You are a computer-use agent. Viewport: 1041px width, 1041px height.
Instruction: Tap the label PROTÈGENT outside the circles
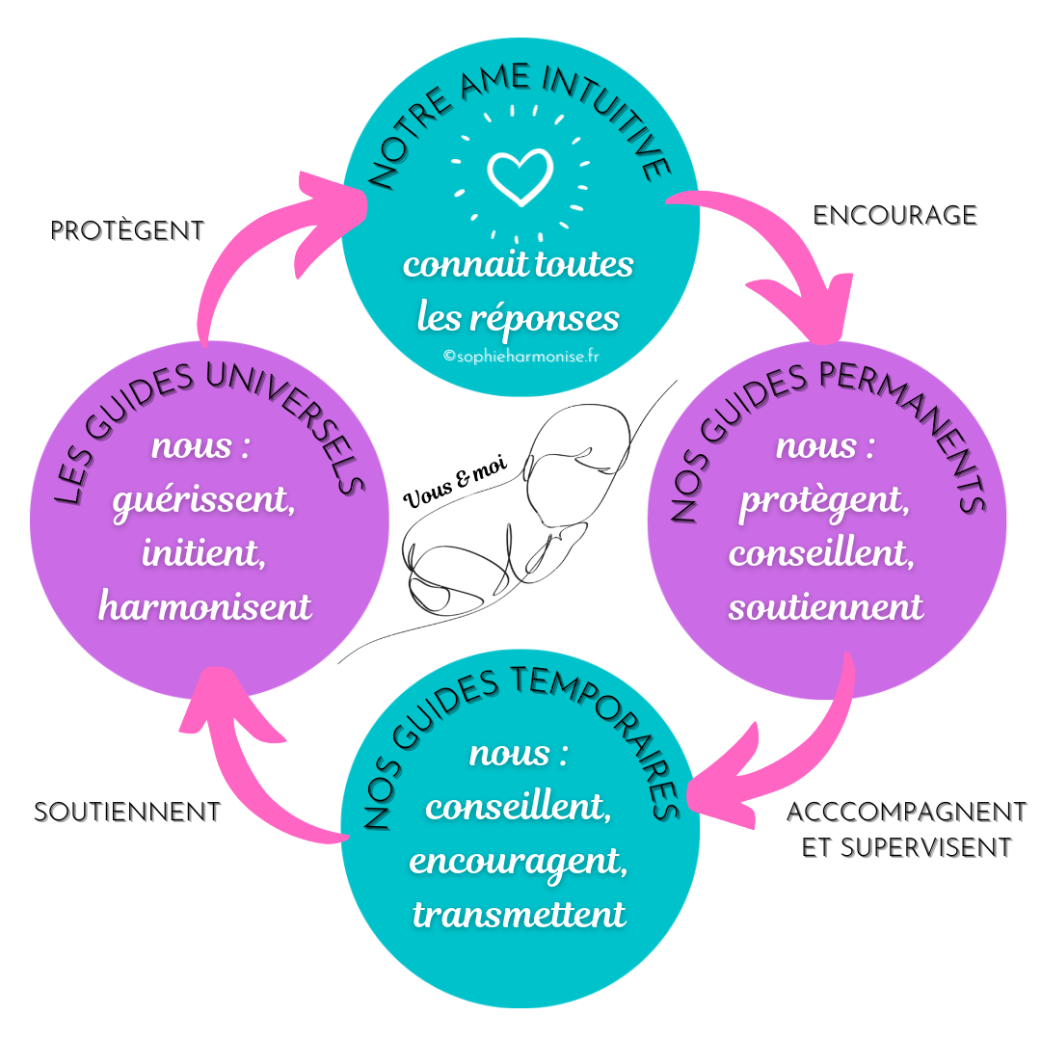(127, 230)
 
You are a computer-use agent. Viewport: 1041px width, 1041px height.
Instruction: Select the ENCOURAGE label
(894, 215)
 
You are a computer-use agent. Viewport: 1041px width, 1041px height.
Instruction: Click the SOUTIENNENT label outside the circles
(127, 812)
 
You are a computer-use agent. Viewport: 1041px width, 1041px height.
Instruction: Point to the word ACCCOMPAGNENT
(906, 812)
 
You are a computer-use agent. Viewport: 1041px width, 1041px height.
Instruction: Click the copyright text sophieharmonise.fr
(520, 356)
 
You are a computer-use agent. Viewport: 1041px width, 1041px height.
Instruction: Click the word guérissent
(203, 501)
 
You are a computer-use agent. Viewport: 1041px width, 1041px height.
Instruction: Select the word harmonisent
(205, 606)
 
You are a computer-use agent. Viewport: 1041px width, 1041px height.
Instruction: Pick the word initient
(203, 553)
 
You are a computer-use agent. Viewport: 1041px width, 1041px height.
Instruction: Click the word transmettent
(520, 913)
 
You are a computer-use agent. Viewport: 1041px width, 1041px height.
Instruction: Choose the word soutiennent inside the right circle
(826, 606)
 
